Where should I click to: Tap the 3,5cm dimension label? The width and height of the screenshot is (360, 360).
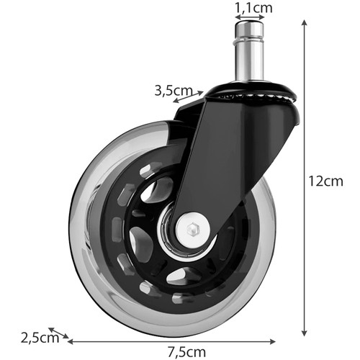pos(174,91)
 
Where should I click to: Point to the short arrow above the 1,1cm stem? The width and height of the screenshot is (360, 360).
pos(250,19)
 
